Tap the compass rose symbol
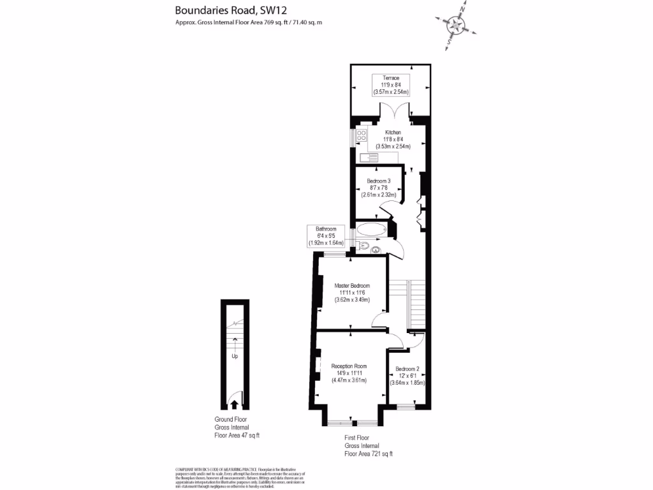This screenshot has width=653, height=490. [x=455, y=25]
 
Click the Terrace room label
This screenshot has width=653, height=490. [x=391, y=85]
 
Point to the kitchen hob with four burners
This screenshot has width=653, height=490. [x=361, y=135]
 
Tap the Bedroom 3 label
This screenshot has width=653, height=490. [x=378, y=188]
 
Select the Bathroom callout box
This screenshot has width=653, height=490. [x=326, y=235]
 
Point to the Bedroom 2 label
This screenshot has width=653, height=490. [x=407, y=376]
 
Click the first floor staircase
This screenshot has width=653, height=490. [x=415, y=303]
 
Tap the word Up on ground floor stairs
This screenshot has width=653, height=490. [x=235, y=356]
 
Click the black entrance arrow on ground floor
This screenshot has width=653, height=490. [x=234, y=404]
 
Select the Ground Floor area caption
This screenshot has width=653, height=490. [x=237, y=427]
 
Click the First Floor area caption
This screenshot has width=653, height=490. [x=368, y=446]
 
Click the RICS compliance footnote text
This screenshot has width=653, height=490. [x=241, y=477]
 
